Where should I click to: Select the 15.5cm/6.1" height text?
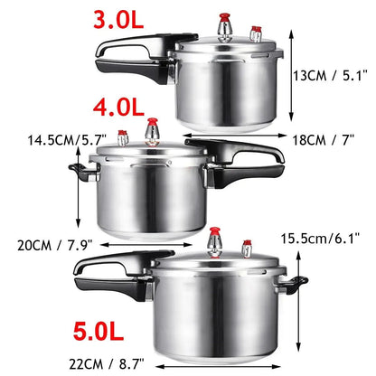click(x=327, y=239)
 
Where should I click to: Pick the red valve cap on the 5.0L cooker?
click(x=214, y=238)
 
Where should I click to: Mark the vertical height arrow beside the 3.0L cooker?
click(x=293, y=76)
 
